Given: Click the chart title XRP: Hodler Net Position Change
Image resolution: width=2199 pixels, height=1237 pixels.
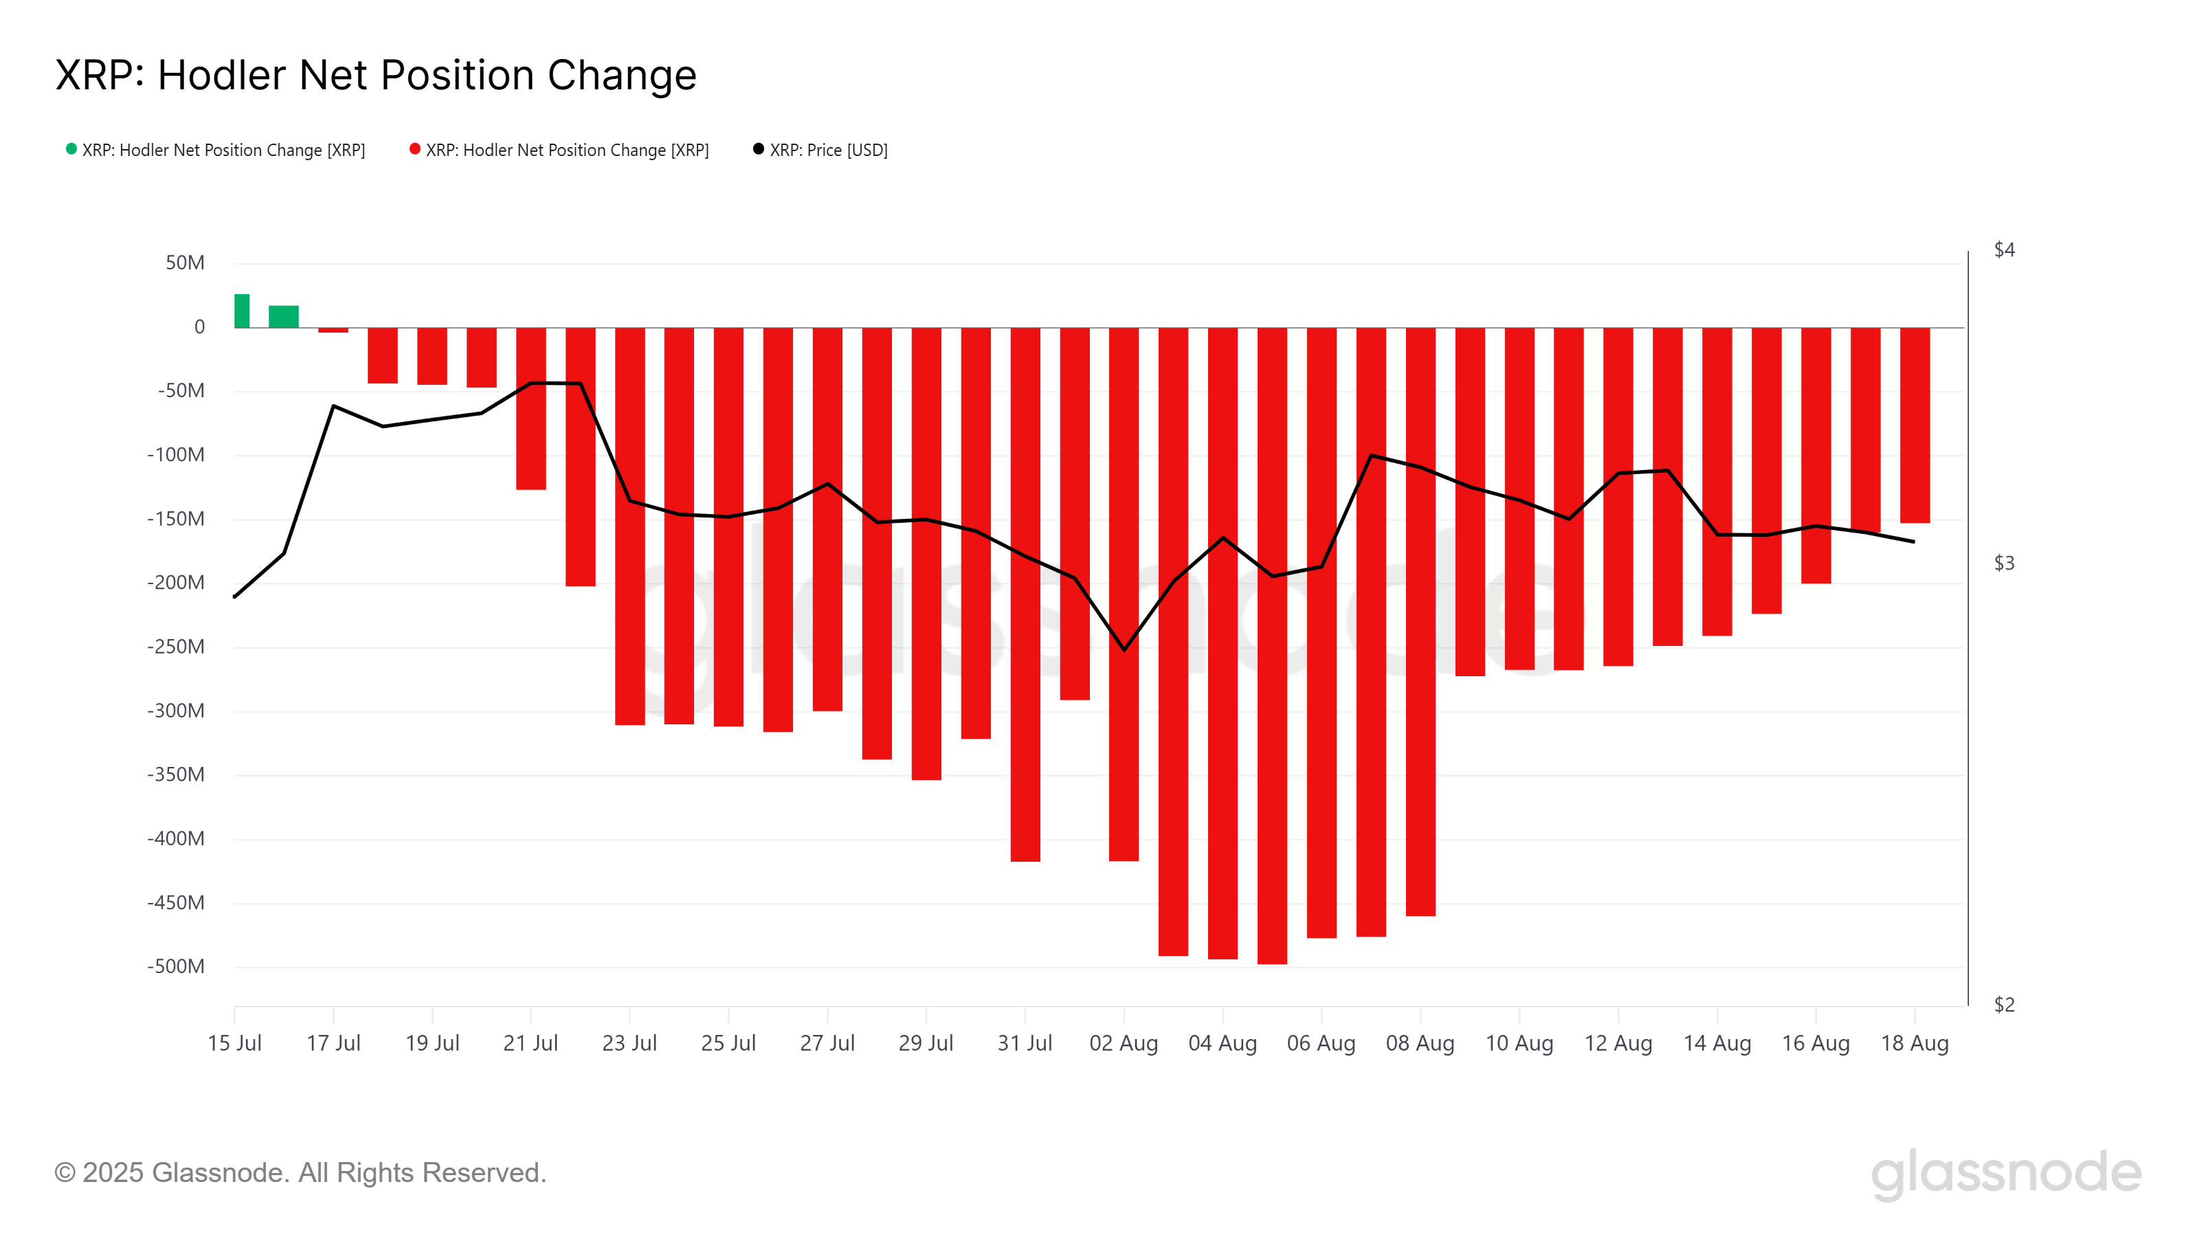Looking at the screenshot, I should tap(376, 75).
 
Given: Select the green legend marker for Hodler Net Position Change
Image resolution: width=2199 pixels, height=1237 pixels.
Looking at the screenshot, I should tap(71, 149).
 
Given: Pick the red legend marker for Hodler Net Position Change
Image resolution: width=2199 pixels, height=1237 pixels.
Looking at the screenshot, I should tap(415, 149).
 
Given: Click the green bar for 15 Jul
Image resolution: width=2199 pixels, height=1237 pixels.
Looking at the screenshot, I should tap(243, 311).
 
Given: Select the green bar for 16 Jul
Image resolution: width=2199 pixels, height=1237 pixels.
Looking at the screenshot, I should tap(283, 317).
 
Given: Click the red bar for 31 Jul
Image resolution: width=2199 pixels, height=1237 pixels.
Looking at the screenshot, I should tap(1025, 594).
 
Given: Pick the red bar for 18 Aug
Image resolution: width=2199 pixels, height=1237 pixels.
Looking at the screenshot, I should tap(1915, 425).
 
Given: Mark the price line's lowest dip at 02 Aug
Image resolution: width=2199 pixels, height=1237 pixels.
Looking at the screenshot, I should tap(1124, 649).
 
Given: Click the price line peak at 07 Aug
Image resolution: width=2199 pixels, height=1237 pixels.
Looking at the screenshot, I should tap(1371, 455).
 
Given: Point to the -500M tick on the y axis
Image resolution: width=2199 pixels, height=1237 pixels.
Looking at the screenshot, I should tap(177, 966).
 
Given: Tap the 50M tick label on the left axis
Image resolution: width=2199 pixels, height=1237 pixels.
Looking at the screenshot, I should tap(186, 263).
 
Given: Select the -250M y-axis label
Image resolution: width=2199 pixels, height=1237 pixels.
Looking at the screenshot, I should tap(177, 646).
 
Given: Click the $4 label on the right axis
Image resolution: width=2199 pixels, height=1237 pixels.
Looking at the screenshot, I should tap(2004, 250).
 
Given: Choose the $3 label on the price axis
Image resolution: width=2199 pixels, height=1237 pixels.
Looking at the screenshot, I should tap(2004, 564).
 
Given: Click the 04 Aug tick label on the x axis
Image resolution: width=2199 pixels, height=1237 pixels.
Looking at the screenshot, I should tap(1223, 1043).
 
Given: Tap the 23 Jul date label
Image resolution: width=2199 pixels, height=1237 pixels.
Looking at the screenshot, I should tap(629, 1043).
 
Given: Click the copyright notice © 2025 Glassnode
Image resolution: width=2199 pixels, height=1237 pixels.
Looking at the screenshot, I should tap(300, 1172).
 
